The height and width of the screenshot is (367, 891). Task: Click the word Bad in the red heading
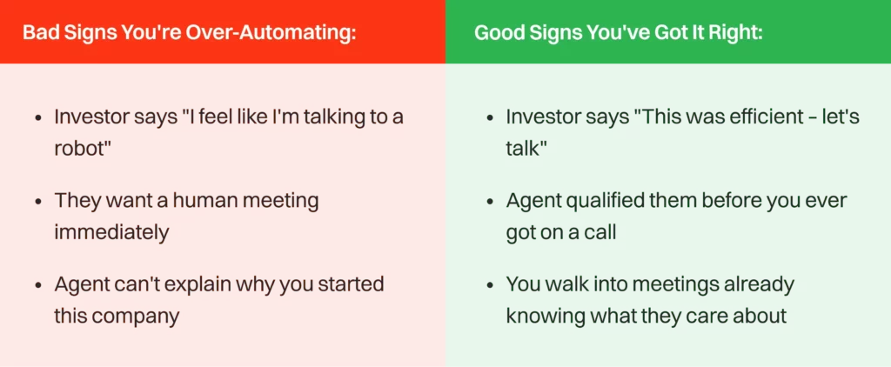(39, 33)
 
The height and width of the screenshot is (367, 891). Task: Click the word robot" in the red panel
(84, 149)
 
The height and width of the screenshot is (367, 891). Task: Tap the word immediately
(111, 233)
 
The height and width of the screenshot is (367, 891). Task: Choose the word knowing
(546, 316)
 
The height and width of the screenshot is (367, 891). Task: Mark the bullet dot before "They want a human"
(37, 202)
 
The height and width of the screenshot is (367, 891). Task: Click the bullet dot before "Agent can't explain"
(37, 285)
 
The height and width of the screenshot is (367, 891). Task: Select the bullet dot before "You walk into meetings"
(489, 285)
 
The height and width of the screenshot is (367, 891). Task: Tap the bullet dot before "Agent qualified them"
(489, 202)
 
